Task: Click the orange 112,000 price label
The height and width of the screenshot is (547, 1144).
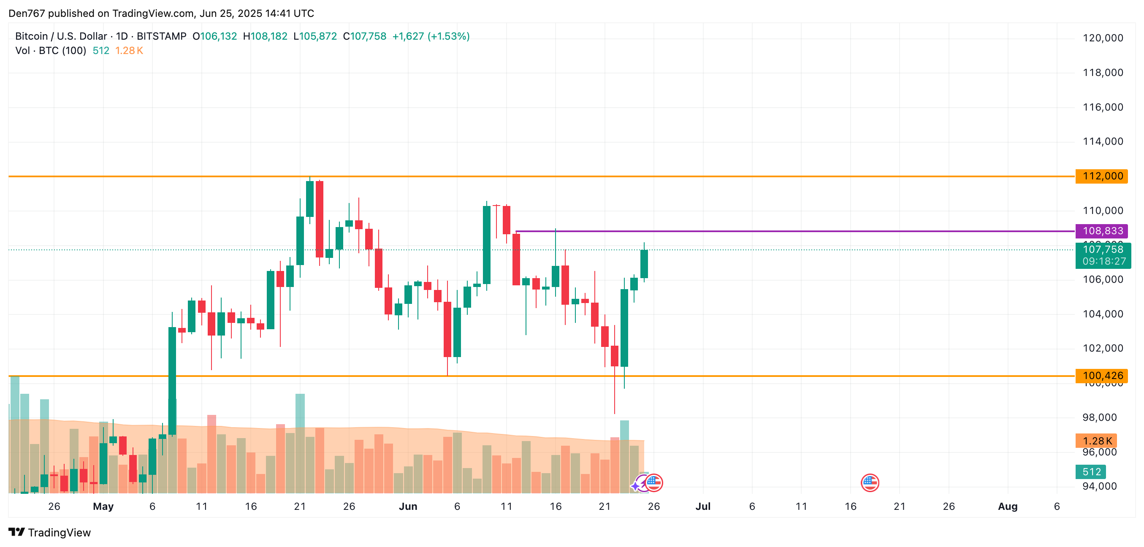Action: (x=1102, y=176)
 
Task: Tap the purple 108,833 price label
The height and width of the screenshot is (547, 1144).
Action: (x=1102, y=231)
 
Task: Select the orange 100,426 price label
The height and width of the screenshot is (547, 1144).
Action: (x=1102, y=376)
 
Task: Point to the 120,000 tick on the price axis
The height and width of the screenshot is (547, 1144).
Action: (x=1103, y=38)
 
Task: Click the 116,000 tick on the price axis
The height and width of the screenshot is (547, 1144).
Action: (x=1103, y=108)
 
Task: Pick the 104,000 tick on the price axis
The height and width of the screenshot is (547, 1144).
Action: (x=1103, y=314)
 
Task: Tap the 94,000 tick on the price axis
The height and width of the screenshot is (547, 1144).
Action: (x=1099, y=487)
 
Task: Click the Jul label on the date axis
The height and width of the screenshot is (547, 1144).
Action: (x=703, y=506)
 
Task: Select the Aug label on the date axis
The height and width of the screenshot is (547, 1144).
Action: (x=1008, y=506)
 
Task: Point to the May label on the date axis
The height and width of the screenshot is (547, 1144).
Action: (x=103, y=506)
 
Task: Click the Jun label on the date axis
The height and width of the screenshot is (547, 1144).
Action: (x=408, y=506)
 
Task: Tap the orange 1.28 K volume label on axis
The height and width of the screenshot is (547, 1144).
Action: (x=1096, y=441)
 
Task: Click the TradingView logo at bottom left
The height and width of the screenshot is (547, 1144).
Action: (x=50, y=532)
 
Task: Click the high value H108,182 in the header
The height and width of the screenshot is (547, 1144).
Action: (x=265, y=36)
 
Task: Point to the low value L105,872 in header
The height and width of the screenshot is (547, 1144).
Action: (x=315, y=36)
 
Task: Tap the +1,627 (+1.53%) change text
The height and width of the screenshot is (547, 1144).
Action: (x=431, y=36)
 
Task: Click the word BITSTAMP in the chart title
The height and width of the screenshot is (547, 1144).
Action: (x=161, y=36)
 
